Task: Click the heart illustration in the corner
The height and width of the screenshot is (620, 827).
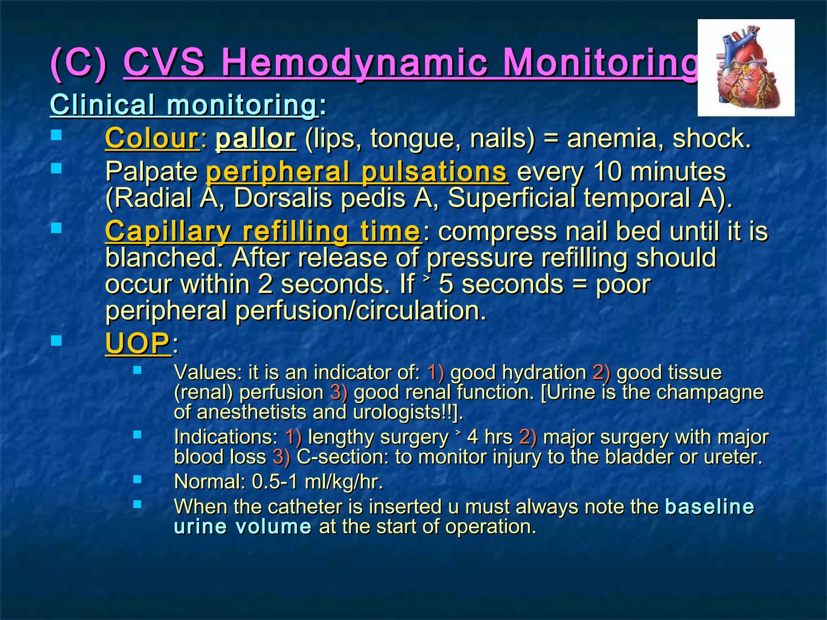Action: (746, 67)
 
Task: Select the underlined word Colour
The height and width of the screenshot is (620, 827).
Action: (152, 138)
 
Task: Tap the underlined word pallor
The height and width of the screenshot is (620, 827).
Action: (256, 138)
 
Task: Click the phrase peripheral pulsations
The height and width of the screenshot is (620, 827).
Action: (357, 172)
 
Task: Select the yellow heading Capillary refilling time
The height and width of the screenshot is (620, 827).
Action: (262, 231)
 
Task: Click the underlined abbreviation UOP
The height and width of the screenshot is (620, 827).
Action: (137, 344)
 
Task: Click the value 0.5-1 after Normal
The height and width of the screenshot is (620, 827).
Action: (275, 482)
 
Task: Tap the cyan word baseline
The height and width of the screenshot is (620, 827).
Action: (709, 507)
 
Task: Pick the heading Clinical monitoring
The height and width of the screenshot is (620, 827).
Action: (184, 105)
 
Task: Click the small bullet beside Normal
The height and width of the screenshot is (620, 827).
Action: (137, 479)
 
